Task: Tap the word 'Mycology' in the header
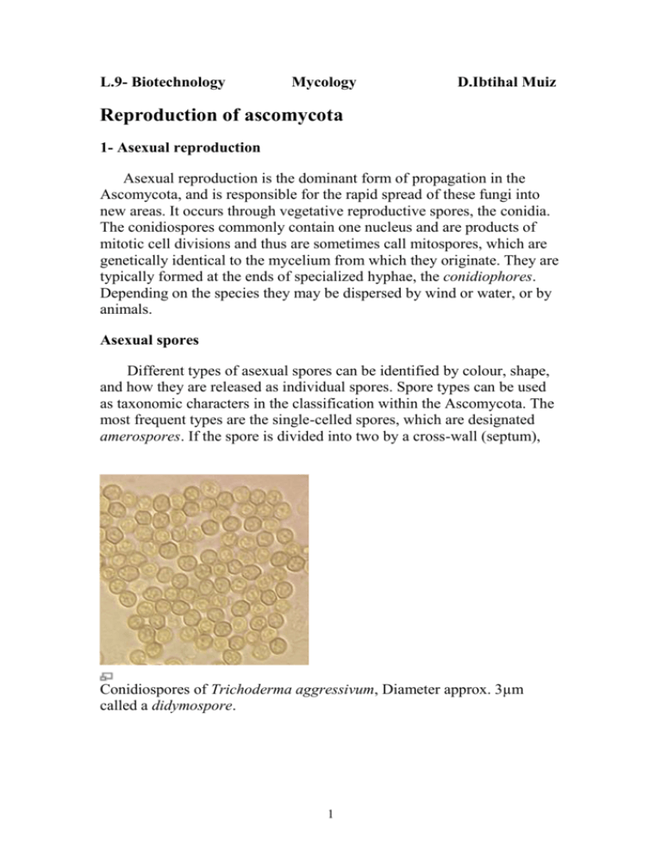tap(324, 83)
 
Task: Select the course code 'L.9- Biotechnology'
tap(162, 83)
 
